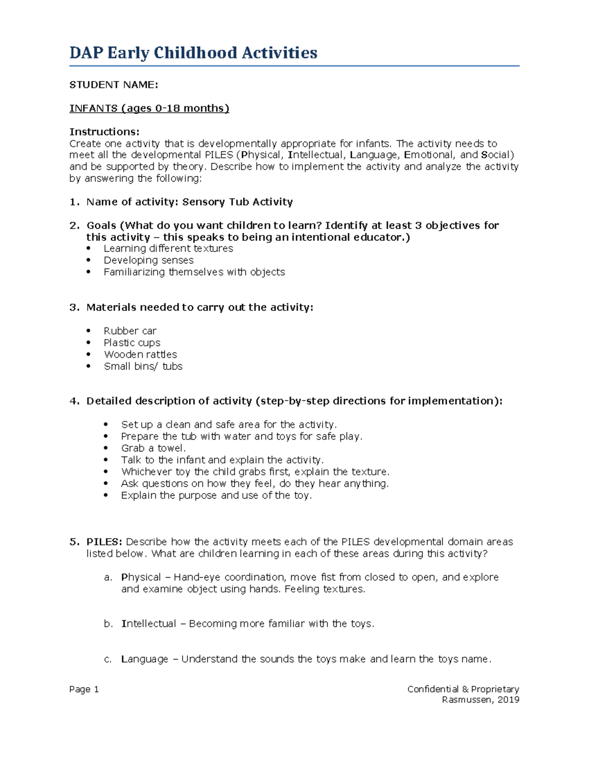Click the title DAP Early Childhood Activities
pos(193,53)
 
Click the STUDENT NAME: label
pos(113,85)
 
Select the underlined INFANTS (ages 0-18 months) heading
pos(149,108)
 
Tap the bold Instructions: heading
pos(104,132)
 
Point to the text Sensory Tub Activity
pos(237,202)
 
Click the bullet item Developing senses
pos(148,260)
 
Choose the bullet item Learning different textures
pos(168,249)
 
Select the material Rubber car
pos(130,331)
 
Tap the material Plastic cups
pos(132,343)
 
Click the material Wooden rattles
pos(140,355)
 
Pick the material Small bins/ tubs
pos(143,367)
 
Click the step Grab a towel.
pos(153,449)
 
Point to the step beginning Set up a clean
pos(229,425)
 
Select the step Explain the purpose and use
pos(216,496)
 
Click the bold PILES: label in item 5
pos(104,542)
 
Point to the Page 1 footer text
pos(84,689)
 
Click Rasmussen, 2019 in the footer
pos(480,700)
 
